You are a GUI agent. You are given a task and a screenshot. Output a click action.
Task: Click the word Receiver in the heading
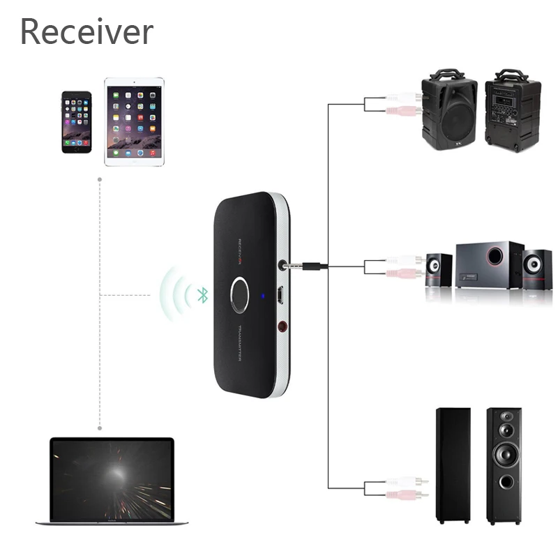86,31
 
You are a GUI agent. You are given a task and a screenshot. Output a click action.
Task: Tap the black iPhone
76,121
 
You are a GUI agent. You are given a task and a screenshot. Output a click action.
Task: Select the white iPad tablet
134,121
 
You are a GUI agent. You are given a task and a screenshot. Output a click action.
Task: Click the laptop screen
112,480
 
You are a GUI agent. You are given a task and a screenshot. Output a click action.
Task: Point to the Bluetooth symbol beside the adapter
202,296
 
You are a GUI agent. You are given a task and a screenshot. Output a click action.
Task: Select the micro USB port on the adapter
279,295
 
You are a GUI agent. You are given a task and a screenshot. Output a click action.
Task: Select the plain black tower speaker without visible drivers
453,465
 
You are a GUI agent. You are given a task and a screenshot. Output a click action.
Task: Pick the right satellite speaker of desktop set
537,269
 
